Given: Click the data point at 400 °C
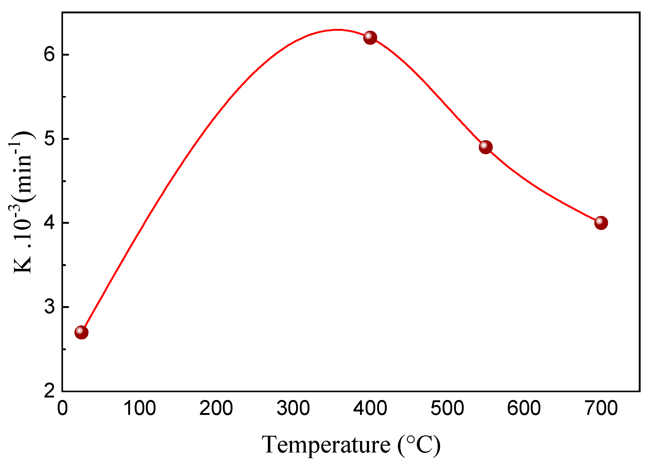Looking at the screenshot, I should [x=370, y=38].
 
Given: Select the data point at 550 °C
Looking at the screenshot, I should [x=485, y=147].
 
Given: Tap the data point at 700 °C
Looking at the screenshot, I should [x=601, y=223].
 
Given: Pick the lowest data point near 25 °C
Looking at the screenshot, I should [x=81, y=332].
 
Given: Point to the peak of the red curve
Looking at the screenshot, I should [x=338, y=30].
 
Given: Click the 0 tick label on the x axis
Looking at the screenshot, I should [x=62, y=408].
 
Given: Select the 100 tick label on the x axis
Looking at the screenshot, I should [x=139, y=408].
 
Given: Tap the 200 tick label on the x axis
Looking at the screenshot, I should [x=216, y=408].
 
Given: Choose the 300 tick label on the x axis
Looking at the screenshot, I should [x=293, y=408].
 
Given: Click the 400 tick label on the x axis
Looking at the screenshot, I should [x=370, y=408].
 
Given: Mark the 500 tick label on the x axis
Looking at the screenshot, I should [x=447, y=408].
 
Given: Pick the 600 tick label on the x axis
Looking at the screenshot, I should [x=524, y=408].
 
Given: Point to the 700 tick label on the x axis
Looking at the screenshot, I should [x=601, y=408].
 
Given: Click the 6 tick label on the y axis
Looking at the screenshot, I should [x=49, y=55].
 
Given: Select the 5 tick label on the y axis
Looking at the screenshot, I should [x=49, y=139].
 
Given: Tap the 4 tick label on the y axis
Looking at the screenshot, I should [x=49, y=223].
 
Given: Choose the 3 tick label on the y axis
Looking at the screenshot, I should [x=49, y=307].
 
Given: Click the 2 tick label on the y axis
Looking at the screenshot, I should [x=49, y=391].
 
